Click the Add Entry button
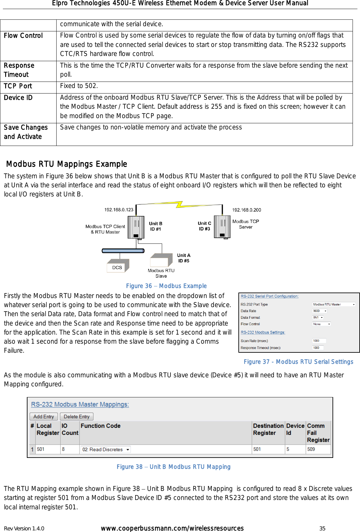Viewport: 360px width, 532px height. (44, 416)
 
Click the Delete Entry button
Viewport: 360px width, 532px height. (76, 416)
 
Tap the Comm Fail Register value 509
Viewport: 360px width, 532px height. (311, 449)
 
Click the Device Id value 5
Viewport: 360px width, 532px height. (288, 449)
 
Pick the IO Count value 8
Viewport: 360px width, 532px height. (63, 449)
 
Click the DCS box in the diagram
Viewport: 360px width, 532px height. (117, 267)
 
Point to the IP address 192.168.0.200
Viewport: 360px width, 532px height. (246, 210)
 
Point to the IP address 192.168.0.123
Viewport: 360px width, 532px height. (119, 210)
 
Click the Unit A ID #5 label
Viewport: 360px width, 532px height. (184, 258)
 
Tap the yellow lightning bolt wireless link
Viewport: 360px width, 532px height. (180, 205)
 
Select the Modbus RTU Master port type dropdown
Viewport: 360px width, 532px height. (334, 304)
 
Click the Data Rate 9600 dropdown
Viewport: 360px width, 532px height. (320, 311)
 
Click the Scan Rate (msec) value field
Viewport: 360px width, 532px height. (319, 340)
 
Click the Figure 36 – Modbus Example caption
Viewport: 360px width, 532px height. (166, 286)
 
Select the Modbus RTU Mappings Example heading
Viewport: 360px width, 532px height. (67, 164)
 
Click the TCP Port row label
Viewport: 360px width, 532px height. (18, 86)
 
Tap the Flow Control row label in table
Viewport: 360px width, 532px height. (23, 36)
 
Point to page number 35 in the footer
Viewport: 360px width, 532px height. (322, 528)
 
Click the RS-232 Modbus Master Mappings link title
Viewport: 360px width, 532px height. (80, 405)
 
